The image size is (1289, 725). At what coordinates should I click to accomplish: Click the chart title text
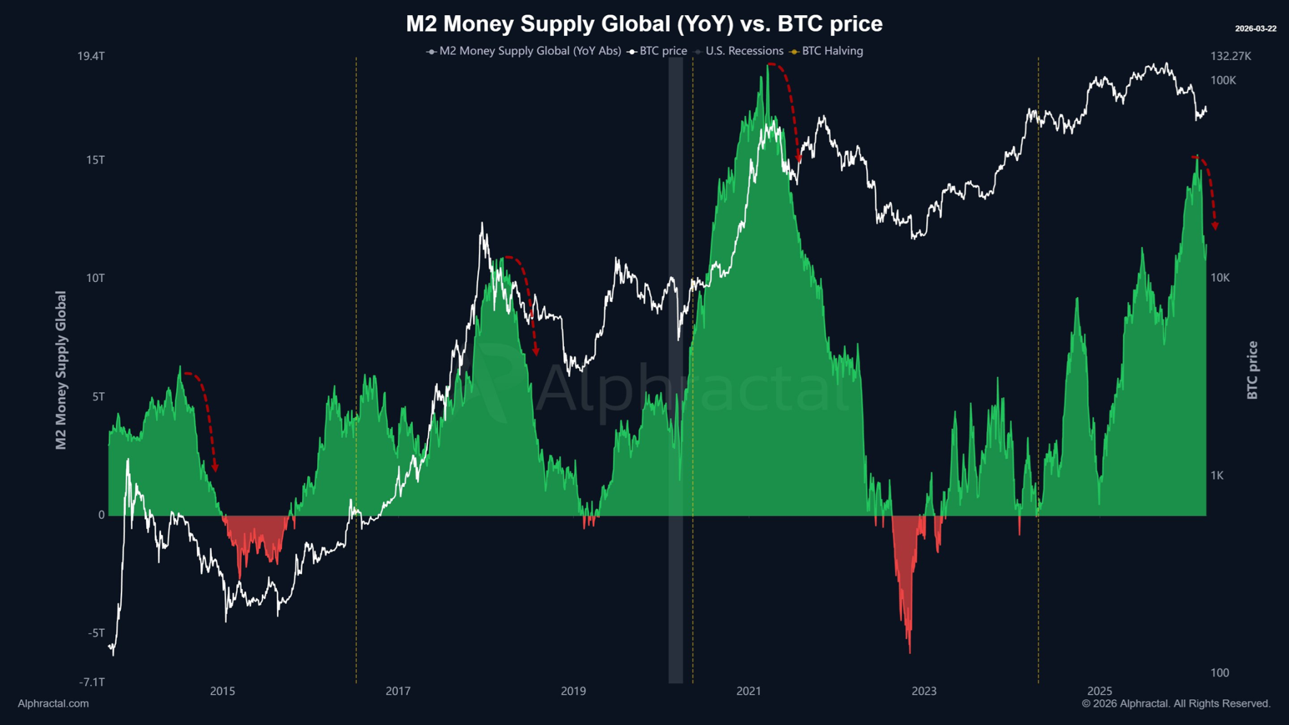pyautogui.click(x=644, y=24)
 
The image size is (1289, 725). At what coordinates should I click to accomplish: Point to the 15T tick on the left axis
pyautogui.click(x=95, y=160)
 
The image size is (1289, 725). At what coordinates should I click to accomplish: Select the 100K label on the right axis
pyautogui.click(x=1223, y=81)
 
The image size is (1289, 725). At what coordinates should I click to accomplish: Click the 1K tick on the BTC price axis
pyautogui.click(x=1217, y=476)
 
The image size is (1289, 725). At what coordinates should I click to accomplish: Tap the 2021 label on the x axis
pyautogui.click(x=748, y=691)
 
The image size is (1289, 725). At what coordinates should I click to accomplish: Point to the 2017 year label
pyautogui.click(x=398, y=691)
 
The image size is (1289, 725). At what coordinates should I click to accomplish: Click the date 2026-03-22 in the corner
pyautogui.click(x=1255, y=29)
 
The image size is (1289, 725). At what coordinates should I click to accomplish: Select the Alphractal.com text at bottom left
pyautogui.click(x=53, y=704)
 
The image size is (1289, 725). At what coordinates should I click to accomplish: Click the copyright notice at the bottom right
pyautogui.click(x=1176, y=704)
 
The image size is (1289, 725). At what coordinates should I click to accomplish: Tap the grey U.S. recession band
pyautogui.click(x=675, y=378)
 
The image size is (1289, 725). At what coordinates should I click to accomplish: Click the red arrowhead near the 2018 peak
pyautogui.click(x=536, y=352)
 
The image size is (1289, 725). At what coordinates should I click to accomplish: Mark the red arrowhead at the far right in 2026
pyautogui.click(x=1215, y=226)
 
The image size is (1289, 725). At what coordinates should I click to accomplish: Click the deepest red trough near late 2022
pyautogui.click(x=909, y=648)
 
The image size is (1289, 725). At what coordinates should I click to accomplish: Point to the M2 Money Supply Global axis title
pyautogui.click(x=61, y=370)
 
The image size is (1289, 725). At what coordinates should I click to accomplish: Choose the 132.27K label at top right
pyautogui.click(x=1230, y=57)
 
